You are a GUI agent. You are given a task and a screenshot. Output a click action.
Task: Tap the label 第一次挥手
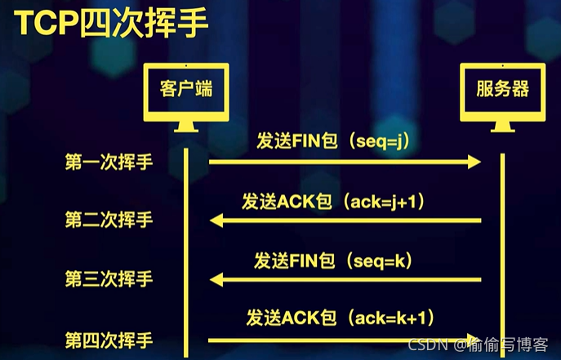tap(109, 163)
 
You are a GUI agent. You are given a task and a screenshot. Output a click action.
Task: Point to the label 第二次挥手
tap(109, 220)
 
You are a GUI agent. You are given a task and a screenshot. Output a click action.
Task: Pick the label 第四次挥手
tap(109, 340)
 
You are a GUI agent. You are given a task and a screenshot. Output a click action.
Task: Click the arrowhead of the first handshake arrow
tap(473, 162)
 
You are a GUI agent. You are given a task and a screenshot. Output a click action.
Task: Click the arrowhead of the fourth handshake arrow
tap(473, 340)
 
